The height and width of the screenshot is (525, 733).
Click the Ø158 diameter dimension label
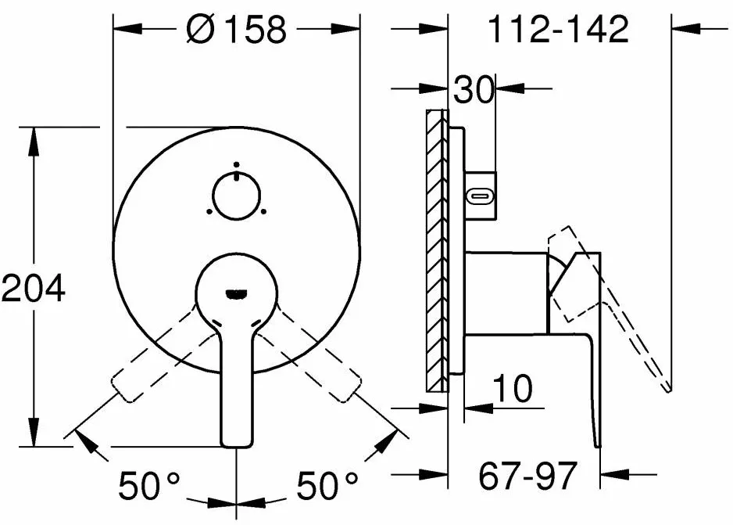coord(236,29)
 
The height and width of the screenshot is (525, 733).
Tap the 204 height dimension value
coord(33,288)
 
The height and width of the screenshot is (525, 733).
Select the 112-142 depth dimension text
coord(558,29)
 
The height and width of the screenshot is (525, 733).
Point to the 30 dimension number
coord(474,89)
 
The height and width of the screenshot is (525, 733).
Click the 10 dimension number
coord(513,388)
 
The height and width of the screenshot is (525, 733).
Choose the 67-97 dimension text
coord(527,476)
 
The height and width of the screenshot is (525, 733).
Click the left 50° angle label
coord(148,485)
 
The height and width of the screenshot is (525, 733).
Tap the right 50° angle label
coord(327,485)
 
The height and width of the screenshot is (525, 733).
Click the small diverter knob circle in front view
coord(237,195)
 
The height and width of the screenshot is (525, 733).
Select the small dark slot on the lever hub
coord(236,294)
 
